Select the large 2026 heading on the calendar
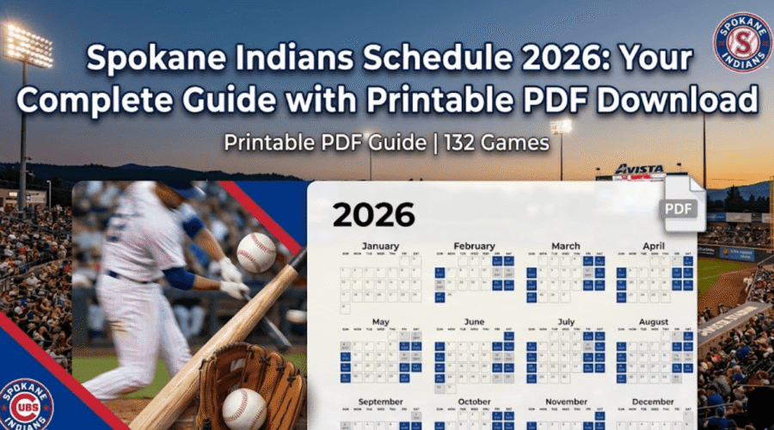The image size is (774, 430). tap(373, 215)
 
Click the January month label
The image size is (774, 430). tap(381, 246)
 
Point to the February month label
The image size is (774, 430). tap(474, 246)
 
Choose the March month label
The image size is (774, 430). tap(566, 246)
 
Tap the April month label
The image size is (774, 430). tap(654, 246)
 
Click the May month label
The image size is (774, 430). tap(381, 322)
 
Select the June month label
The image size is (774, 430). tap(474, 322)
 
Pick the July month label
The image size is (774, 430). tap(566, 322)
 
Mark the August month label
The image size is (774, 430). tap(654, 322)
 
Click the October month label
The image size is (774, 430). tap(474, 402)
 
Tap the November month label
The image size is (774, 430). tap(566, 402)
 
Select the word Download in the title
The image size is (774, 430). tap(673, 100)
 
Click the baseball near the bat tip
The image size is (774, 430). tap(256, 253)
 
